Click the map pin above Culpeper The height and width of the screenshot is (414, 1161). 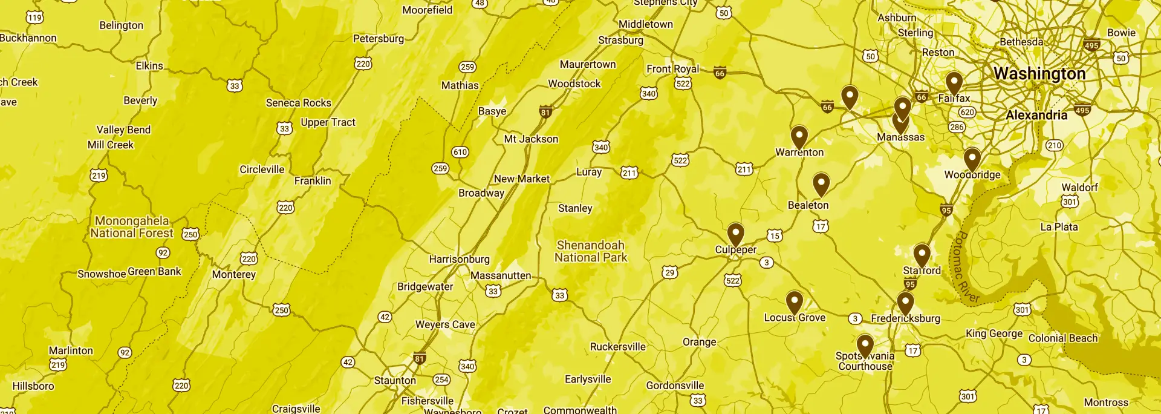(735, 233)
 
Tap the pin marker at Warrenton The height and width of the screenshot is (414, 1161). (799, 136)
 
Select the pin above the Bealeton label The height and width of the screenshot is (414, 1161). (821, 183)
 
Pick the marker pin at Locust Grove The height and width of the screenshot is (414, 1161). (794, 301)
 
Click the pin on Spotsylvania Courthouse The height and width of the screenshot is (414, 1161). (865, 345)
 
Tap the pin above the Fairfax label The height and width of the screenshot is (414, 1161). (954, 82)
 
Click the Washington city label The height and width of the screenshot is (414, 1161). (1039, 74)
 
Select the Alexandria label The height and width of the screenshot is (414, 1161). (1036, 115)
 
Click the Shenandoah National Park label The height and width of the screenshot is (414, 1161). (591, 251)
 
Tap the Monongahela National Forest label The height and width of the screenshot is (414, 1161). (132, 227)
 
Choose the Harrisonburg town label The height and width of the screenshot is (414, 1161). (459, 259)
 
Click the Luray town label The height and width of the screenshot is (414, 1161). (588, 172)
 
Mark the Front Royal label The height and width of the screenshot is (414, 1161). (672, 69)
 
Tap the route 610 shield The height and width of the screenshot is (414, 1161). (460, 152)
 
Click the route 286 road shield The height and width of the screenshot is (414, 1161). (957, 127)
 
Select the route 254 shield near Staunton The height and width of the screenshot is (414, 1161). (441, 379)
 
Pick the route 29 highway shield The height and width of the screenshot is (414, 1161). (669, 272)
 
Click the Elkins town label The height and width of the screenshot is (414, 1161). (149, 66)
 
